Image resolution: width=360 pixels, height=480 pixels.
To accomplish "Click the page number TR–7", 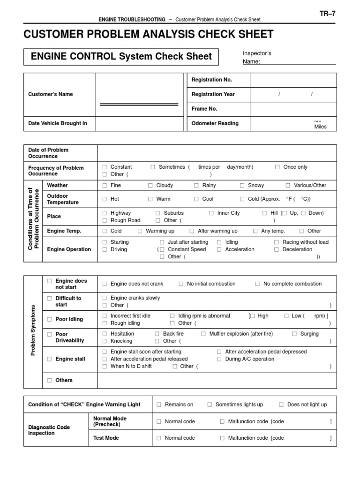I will click(x=328, y=14).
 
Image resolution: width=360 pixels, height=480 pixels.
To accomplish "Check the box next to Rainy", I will click(x=197, y=186).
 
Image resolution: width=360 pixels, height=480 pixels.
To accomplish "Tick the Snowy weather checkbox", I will click(x=242, y=186).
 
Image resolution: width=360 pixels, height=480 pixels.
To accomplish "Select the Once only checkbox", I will click(x=277, y=167).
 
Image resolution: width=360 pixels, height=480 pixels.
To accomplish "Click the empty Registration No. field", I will click(x=293, y=80).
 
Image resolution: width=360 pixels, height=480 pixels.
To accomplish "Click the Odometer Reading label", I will click(x=215, y=123).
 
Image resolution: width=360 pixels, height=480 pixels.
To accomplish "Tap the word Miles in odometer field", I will click(x=321, y=127).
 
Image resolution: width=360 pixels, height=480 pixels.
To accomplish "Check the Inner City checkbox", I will click(x=212, y=213).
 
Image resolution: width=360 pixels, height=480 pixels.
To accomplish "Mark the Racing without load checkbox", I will click(x=277, y=242).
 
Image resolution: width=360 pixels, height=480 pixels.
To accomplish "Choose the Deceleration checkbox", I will click(x=277, y=250).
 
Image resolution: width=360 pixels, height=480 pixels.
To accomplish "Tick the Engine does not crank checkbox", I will click(x=105, y=284).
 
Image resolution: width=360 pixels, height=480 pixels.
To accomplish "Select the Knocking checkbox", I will click(x=105, y=341).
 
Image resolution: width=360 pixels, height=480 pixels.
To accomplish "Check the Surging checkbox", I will click(x=294, y=334).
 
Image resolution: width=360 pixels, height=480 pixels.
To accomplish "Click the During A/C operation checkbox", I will click(x=219, y=359).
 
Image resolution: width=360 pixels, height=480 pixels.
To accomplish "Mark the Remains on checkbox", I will click(x=159, y=405).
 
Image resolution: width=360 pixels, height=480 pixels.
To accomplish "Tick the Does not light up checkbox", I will click(x=281, y=405).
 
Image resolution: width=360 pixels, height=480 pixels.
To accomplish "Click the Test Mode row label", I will click(x=106, y=438).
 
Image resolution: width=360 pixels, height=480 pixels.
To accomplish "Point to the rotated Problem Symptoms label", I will click(x=33, y=323).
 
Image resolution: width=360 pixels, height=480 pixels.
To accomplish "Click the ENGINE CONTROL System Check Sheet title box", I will click(x=121, y=57).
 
